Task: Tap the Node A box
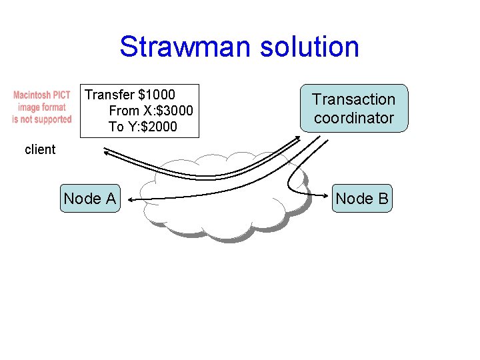pos(90,198)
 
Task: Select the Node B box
pos(363,198)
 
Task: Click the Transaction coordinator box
pos(354,109)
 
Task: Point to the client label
pos(40,149)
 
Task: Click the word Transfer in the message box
pos(109,95)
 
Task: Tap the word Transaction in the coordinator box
pos(354,99)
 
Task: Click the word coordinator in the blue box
pos(354,118)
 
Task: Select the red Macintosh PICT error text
pos(42,107)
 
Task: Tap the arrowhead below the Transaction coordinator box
pos(299,138)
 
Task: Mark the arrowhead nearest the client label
pos(105,151)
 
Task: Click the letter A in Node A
pos(111,198)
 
